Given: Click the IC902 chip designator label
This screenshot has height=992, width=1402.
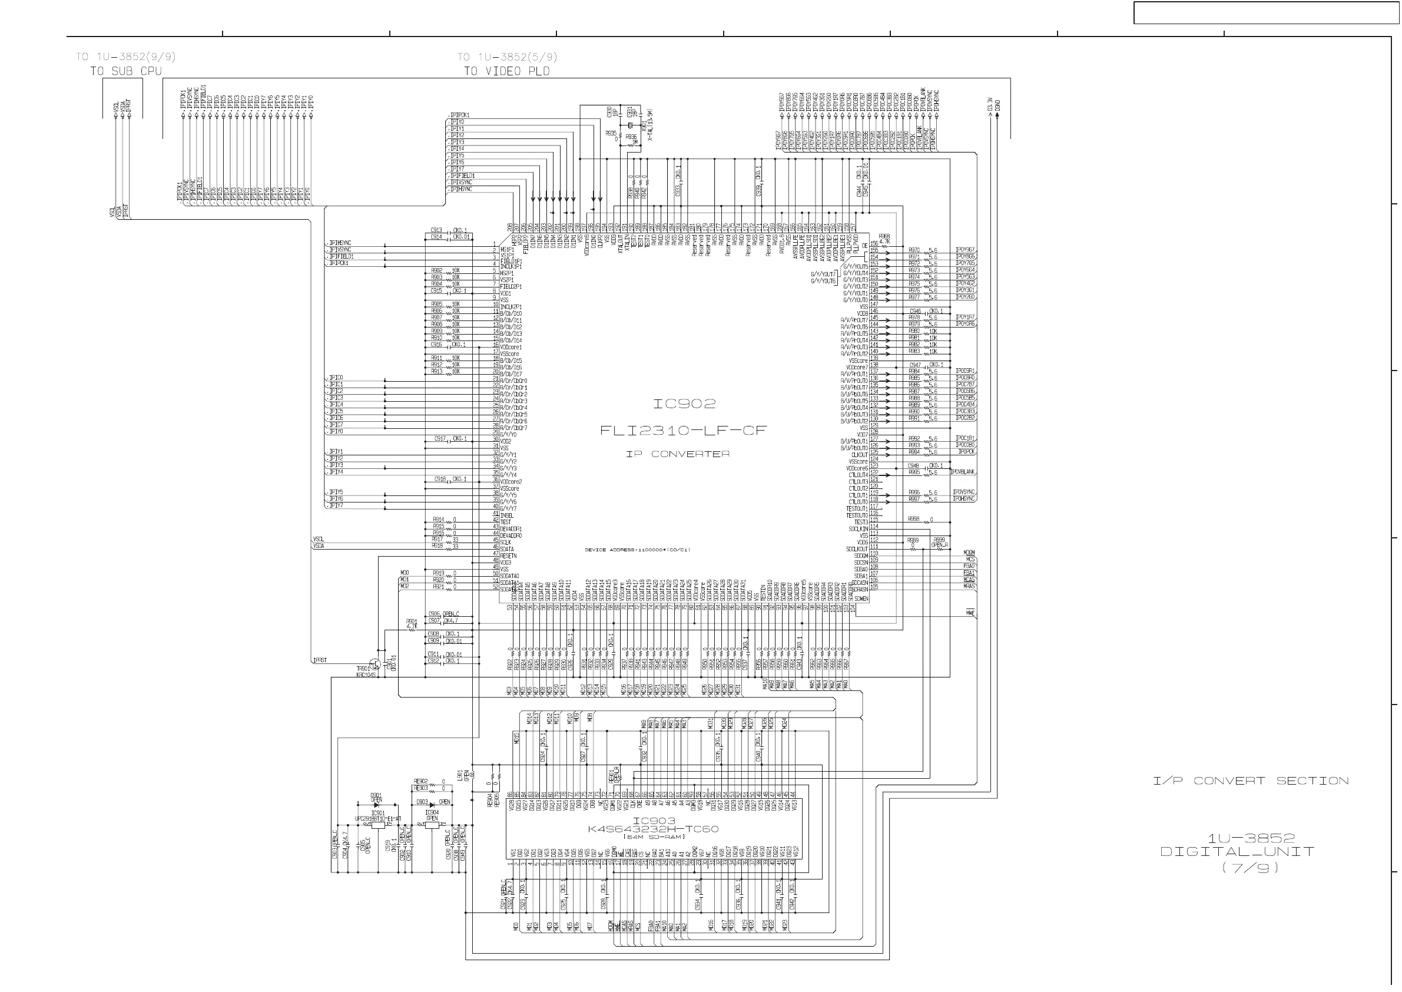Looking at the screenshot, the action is coord(684,404).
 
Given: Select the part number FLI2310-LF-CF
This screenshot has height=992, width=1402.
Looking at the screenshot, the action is coord(682,431).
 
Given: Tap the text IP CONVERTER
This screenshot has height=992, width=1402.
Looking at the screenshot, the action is coord(678,454).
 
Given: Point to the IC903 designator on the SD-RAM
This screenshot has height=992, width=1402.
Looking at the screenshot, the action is coord(654,821).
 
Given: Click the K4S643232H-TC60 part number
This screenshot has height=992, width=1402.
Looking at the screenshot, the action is coord(653,829).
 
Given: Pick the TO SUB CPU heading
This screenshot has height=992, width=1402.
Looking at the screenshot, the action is coord(126,71).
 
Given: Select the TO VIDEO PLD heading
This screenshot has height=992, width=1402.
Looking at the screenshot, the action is coord(506,71).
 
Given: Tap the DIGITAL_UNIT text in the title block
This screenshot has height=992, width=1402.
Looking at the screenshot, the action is coord(1237,852).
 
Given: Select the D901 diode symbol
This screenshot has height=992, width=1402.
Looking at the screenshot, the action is coord(376,805).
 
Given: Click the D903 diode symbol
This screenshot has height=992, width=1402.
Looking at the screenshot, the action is coord(432,805).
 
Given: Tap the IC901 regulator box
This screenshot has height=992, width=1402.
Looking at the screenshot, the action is coord(378,825).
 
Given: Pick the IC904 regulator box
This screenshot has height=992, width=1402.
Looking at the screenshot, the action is coord(432,825).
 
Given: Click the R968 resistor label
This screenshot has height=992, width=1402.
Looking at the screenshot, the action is coord(884,236).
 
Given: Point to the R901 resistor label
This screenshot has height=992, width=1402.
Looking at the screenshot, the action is coord(412,621).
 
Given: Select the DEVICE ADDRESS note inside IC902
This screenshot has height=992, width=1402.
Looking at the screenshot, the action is coord(638,550).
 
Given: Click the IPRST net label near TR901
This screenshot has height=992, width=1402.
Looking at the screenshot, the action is coord(320,660).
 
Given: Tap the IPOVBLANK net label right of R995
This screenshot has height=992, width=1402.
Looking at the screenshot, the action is coord(963,472).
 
